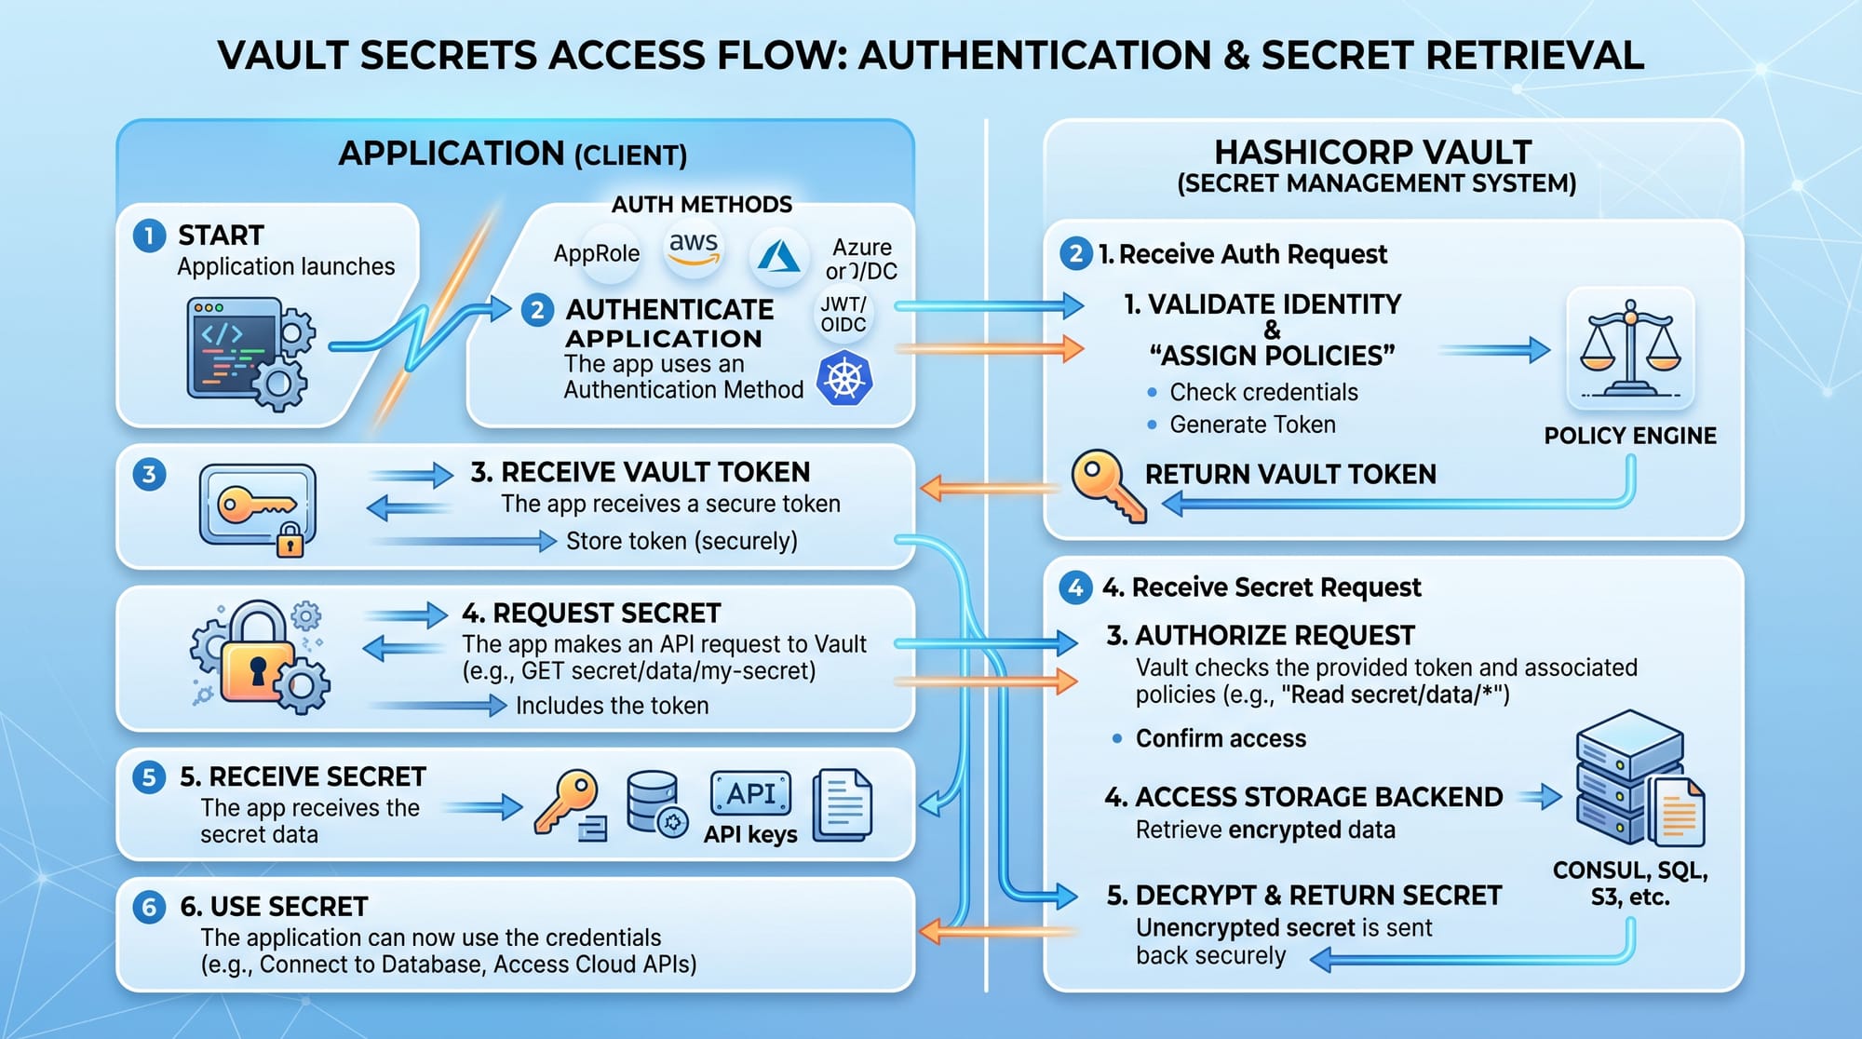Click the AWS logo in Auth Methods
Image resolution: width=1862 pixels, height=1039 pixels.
[694, 249]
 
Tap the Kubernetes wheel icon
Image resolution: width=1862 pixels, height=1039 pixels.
[844, 379]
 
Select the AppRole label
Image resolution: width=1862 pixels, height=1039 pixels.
[596, 253]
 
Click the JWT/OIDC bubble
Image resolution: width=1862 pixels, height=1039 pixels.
[843, 315]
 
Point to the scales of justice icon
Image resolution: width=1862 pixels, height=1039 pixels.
[1630, 349]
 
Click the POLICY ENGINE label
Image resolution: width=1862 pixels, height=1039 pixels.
[1629, 436]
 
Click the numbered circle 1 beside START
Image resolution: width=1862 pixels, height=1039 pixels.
[149, 236]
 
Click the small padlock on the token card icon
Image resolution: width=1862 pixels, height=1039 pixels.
[290, 539]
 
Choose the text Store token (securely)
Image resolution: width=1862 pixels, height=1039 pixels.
[681, 541]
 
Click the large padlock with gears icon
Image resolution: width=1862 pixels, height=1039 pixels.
[260, 657]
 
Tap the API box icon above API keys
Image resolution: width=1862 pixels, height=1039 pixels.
[750, 794]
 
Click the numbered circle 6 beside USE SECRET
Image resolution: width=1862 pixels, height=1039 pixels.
[149, 907]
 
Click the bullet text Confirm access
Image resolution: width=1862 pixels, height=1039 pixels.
[1221, 738]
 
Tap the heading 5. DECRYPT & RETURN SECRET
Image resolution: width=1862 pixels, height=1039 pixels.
[1303, 896]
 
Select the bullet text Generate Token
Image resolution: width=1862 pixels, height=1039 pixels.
[1252, 425]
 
